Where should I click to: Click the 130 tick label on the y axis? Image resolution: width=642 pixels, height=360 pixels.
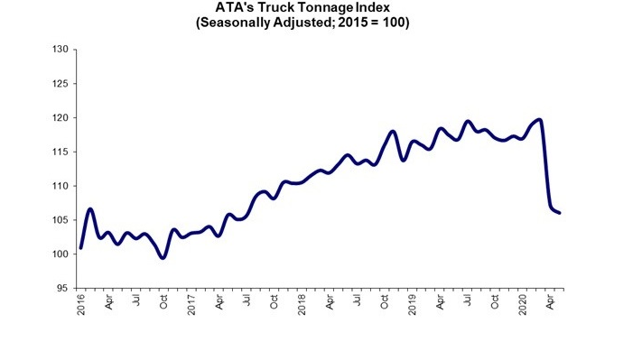pos(61,50)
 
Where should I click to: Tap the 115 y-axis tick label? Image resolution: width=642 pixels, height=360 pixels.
pos(61,152)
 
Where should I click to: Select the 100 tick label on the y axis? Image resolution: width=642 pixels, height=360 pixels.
pos(61,254)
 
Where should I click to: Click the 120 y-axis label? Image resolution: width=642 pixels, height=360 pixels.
pos(61,118)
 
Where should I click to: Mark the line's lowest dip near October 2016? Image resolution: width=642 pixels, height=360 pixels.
pos(163,257)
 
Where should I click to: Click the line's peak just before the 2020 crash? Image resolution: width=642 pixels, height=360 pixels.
pos(539,119)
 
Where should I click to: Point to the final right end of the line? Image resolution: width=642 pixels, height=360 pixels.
pos(560,213)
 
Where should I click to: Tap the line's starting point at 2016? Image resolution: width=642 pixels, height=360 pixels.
pos(81,247)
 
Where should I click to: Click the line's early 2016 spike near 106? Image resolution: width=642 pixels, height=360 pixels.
pos(90,209)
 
